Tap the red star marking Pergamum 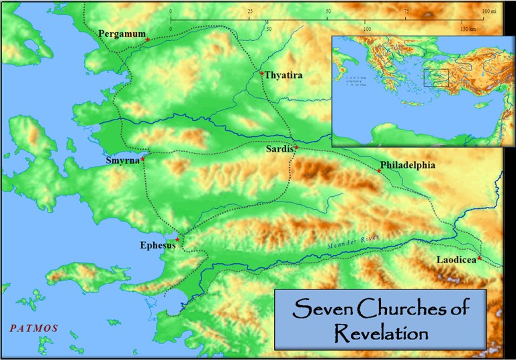[x=148, y=40]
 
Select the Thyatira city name [x=284, y=75]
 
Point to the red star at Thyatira [x=261, y=73]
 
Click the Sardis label [x=279, y=151]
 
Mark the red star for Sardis [x=296, y=146]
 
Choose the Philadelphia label [x=408, y=165]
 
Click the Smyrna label [x=122, y=161]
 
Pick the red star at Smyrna [x=143, y=159]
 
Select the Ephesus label [x=159, y=246]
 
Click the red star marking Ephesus [x=177, y=239]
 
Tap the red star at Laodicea [x=480, y=258]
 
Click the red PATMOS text [x=34, y=328]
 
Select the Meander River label [x=352, y=244]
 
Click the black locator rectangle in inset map [x=436, y=78]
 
